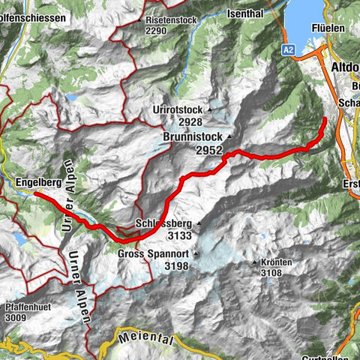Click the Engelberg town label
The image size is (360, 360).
pos(37,182)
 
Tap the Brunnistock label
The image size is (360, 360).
pos(191,138)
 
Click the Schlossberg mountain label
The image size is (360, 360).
pos(165,223)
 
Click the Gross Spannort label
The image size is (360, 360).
pos(154,254)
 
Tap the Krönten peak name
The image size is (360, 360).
pos(277,263)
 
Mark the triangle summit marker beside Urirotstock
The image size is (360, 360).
pos(211,110)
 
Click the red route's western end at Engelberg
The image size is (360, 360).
pos(35,195)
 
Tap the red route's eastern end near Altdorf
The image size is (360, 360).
pos(324,119)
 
